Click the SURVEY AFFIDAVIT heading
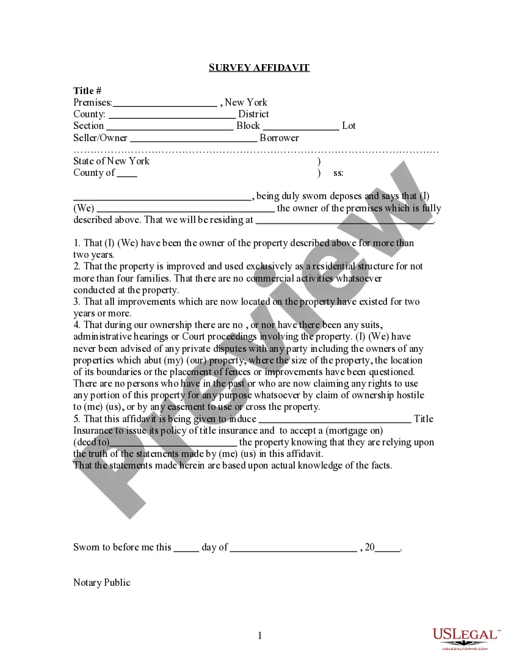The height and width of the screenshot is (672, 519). pyautogui.click(x=259, y=67)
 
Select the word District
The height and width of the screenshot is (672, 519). pyautogui.click(x=253, y=114)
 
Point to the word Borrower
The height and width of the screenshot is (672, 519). pyautogui.click(x=279, y=138)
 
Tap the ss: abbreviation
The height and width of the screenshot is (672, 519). pyautogui.click(x=338, y=173)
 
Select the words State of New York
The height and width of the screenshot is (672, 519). pyautogui.click(x=111, y=161)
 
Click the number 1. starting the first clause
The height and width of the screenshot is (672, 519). pyautogui.click(x=77, y=243)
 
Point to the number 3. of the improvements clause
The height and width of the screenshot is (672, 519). pyautogui.click(x=77, y=302)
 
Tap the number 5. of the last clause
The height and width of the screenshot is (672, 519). pyautogui.click(x=77, y=419)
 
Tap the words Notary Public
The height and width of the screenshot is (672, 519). pyautogui.click(x=102, y=583)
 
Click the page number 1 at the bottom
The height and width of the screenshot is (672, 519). pyautogui.click(x=259, y=636)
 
